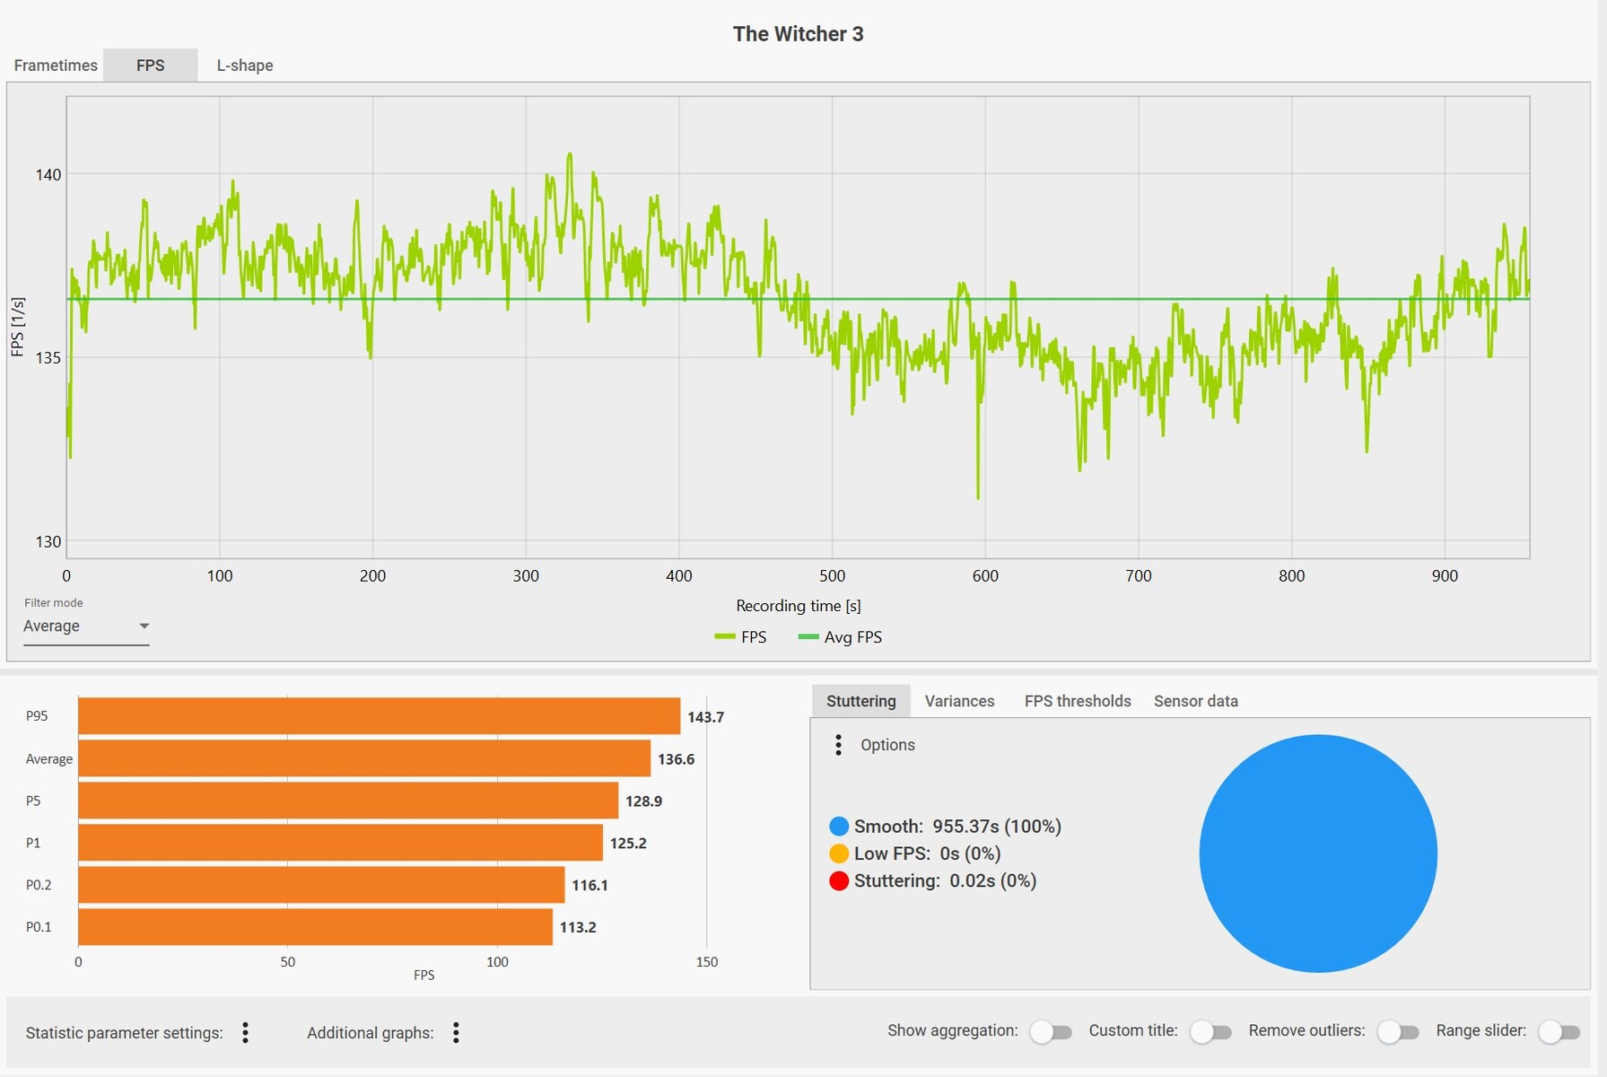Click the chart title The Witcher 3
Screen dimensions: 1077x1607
798,34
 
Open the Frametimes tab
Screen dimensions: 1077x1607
56,66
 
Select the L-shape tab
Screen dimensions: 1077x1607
244,66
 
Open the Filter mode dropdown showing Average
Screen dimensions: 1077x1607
85,626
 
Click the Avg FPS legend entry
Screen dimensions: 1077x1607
840,637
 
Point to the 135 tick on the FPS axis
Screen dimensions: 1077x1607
48,358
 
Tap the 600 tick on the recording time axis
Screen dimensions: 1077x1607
985,576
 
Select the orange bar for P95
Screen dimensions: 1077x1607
379,716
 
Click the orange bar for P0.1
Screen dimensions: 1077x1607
315,927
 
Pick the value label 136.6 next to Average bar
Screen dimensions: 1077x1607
676,759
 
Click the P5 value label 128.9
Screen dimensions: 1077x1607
643,801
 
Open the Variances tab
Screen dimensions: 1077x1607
959,701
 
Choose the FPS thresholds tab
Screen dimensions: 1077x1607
1078,701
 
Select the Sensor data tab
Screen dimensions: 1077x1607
1195,701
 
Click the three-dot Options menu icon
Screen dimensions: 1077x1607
838,745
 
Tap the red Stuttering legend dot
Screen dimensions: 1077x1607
839,881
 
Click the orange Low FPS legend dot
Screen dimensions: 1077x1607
839,854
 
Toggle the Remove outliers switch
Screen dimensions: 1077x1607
1398,1032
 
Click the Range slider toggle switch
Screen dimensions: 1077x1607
1559,1032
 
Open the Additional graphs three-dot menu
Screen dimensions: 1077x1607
456,1033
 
